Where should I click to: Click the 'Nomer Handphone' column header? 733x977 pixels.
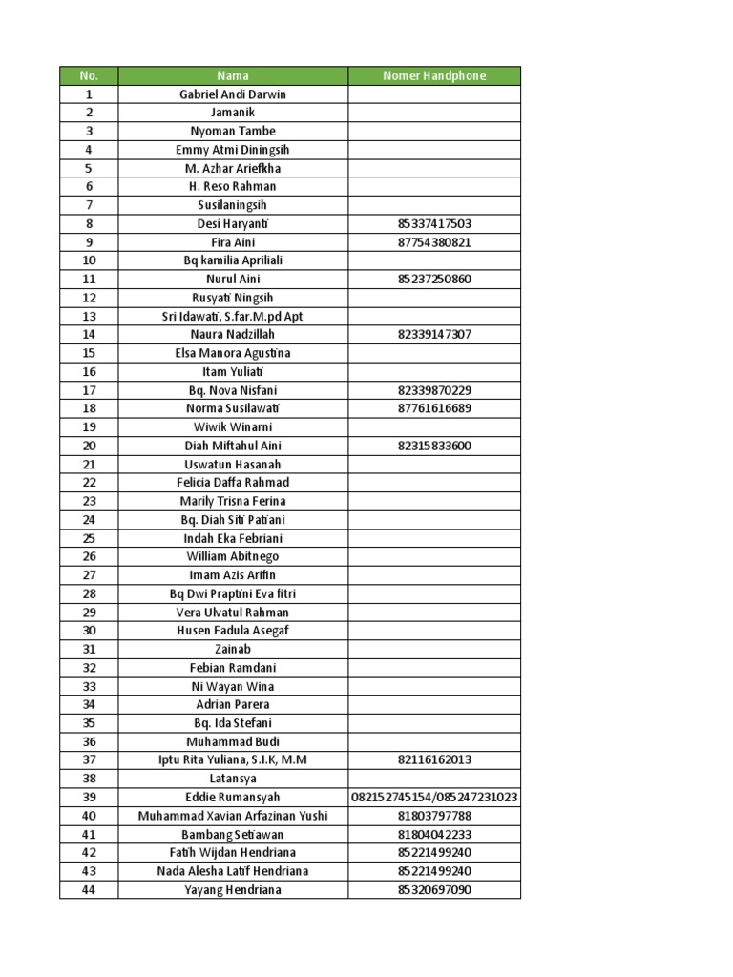(434, 75)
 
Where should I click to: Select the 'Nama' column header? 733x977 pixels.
(233, 75)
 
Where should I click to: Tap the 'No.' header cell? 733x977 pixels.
(89, 75)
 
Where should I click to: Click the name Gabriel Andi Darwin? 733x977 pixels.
(233, 94)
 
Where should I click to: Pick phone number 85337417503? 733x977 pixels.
(434, 224)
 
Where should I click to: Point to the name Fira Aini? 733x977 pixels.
(233, 242)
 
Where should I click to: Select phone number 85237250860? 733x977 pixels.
(434, 280)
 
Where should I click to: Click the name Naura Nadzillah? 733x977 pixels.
(233, 335)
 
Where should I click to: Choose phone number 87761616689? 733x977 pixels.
(434, 408)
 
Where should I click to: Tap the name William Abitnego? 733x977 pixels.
(233, 556)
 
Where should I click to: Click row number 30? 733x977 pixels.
(89, 631)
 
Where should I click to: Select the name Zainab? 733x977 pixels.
(233, 649)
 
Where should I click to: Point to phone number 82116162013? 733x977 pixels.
(434, 760)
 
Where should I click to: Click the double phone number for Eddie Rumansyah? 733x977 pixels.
(434, 798)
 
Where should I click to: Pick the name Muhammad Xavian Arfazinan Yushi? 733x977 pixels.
(233, 816)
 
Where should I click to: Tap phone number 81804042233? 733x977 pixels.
(434, 834)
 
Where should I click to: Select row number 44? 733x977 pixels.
(89, 890)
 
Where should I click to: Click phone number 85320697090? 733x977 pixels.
(434, 890)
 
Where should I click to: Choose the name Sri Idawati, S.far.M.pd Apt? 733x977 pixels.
(233, 317)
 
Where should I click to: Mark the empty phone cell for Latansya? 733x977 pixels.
(434, 779)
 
